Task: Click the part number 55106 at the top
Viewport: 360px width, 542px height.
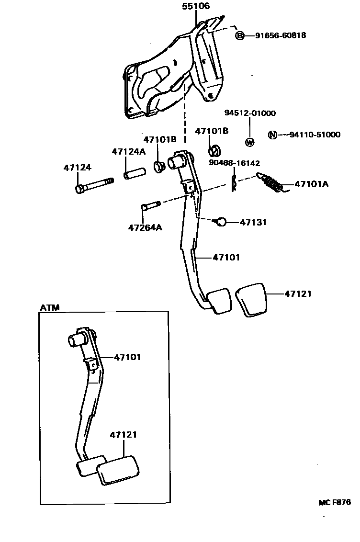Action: tap(196, 7)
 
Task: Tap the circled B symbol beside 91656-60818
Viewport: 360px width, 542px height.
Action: tap(240, 35)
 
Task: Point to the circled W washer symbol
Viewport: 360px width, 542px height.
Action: tap(249, 142)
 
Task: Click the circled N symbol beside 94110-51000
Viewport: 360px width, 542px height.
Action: tap(272, 135)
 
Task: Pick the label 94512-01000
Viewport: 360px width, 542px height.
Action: tap(250, 113)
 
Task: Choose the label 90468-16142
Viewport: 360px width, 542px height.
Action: tap(235, 163)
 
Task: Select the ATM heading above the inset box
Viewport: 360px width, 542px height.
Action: tap(50, 307)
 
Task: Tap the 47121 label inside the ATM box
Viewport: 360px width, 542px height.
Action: tap(124, 435)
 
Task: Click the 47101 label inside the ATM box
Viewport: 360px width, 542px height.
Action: tap(127, 357)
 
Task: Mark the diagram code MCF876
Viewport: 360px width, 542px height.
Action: tap(335, 502)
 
